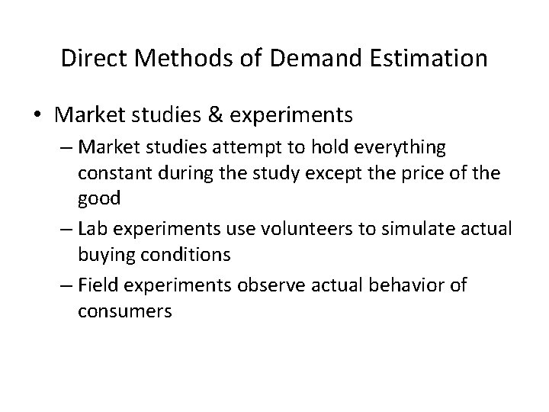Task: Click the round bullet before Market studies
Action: tap(37, 116)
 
